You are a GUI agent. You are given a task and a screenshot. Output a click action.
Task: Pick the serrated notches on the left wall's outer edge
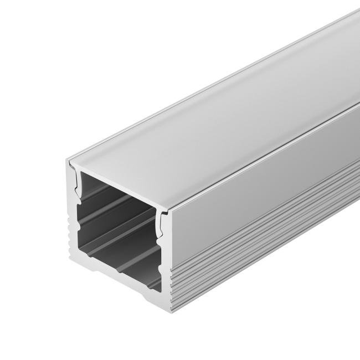(x=68, y=233)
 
